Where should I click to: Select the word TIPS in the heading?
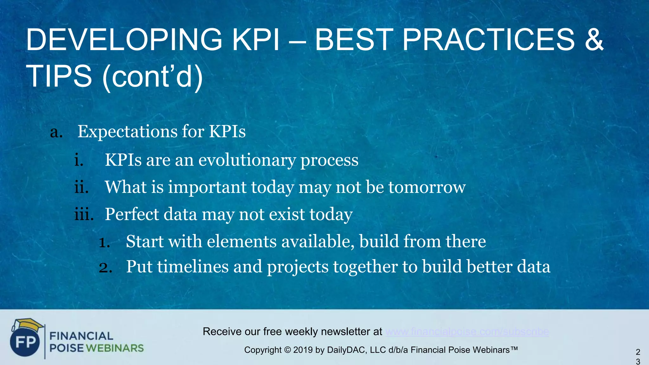pyautogui.click(x=59, y=76)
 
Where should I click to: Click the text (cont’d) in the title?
pyautogui.click(x=152, y=76)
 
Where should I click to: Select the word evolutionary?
pyautogui.click(x=247, y=160)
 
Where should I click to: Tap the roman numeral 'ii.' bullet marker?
pyautogui.click(x=81, y=187)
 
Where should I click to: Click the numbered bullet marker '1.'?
pyautogui.click(x=104, y=242)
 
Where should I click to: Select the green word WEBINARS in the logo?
pyautogui.click(x=115, y=348)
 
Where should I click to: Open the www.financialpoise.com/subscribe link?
pyautogui.click(x=467, y=332)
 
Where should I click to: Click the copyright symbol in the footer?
pyautogui.click(x=287, y=350)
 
